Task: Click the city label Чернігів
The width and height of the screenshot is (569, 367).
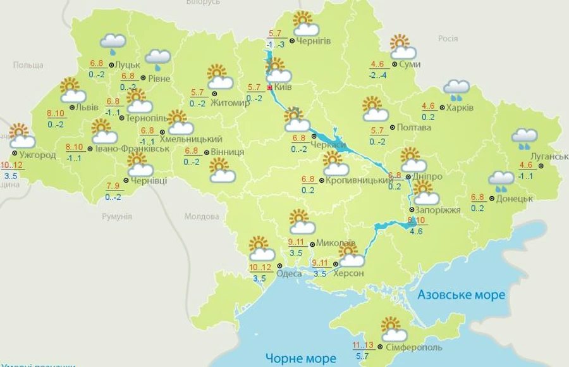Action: pyautogui.click(x=314, y=42)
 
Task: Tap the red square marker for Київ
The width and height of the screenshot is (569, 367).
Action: pyautogui.click(x=270, y=87)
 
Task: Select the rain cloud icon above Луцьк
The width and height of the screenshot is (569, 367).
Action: pyautogui.click(x=113, y=42)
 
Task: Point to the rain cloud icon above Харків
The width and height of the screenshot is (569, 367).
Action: pyautogui.click(x=456, y=89)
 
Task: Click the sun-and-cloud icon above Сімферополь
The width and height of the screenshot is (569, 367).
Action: pyautogui.click(x=395, y=330)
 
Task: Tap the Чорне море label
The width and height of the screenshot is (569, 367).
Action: pyautogui.click(x=300, y=358)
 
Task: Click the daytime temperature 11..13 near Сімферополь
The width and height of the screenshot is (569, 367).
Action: pyautogui.click(x=363, y=345)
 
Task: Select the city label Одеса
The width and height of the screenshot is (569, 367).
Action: pyautogui.click(x=290, y=273)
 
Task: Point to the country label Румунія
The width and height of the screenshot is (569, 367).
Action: pyautogui.click(x=117, y=216)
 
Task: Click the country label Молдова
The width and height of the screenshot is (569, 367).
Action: pyautogui.click(x=201, y=216)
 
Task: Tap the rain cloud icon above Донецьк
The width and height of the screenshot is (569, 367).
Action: pyautogui.click(x=501, y=180)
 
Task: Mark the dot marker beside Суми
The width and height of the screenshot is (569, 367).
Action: pyautogui.click(x=394, y=64)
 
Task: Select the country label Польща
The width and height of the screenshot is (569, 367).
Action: pyautogui.click(x=28, y=65)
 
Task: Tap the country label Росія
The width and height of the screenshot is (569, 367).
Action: pyautogui.click(x=448, y=39)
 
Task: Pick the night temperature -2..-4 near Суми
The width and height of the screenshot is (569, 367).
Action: pyautogui.click(x=378, y=74)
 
